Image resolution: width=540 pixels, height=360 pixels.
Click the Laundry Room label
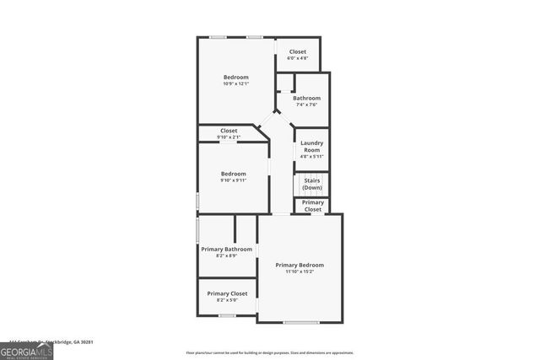tap(311, 147)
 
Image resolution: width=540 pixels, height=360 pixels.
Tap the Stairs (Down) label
tap(311, 184)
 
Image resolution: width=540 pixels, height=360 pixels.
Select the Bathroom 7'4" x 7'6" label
tap(306, 99)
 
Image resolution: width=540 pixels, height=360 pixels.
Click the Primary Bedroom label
tap(300, 265)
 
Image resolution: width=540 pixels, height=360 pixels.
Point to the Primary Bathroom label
tap(227, 249)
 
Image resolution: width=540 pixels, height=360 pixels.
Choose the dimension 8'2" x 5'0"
tap(227, 300)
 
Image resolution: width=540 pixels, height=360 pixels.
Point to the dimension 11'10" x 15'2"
tap(300, 271)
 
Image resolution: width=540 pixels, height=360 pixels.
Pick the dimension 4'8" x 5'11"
tap(311, 157)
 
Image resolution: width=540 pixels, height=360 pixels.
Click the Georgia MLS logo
tap(26, 352)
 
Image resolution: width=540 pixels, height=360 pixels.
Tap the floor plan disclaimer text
tap(270, 353)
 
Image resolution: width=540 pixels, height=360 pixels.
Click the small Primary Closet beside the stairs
tap(312, 206)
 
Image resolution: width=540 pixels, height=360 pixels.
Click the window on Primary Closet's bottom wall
tap(227, 315)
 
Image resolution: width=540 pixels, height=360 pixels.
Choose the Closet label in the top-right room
tap(297, 52)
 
